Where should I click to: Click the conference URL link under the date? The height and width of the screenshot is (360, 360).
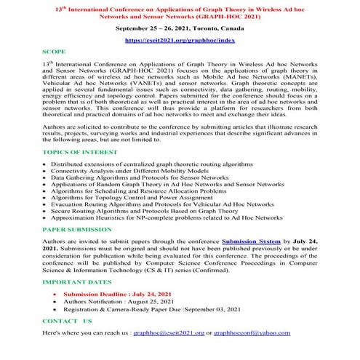[180, 42]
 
